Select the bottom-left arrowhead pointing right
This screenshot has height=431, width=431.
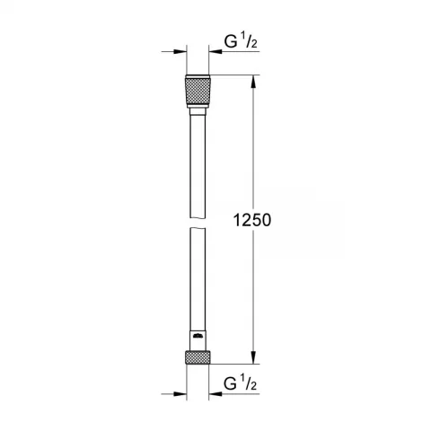pyautogui.click(x=181, y=391)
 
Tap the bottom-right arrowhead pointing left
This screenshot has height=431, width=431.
pyautogui.click(x=216, y=391)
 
